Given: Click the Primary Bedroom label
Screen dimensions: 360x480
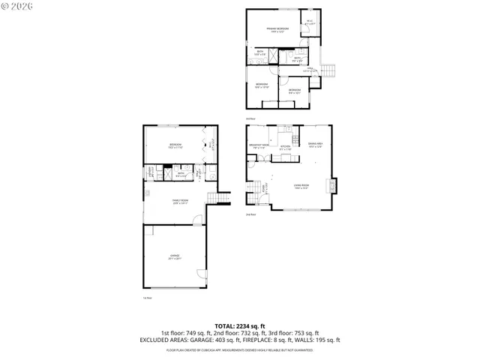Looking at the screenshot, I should click(277, 29).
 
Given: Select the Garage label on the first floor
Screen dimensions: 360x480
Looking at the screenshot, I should click(174, 257).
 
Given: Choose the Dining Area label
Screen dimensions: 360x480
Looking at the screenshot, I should click(315, 145).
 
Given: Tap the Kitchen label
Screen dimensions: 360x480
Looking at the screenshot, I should click(286, 148).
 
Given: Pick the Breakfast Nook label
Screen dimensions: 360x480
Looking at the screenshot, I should click(261, 146).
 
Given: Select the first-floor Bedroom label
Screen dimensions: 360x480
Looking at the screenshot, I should click(175, 145).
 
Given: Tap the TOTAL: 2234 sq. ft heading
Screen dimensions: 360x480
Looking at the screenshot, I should click(240, 325).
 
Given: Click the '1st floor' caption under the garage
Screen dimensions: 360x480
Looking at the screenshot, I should click(148, 298).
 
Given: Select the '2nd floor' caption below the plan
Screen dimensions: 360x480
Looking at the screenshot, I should click(251, 215).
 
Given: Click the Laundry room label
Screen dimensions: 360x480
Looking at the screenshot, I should click(151, 172).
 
